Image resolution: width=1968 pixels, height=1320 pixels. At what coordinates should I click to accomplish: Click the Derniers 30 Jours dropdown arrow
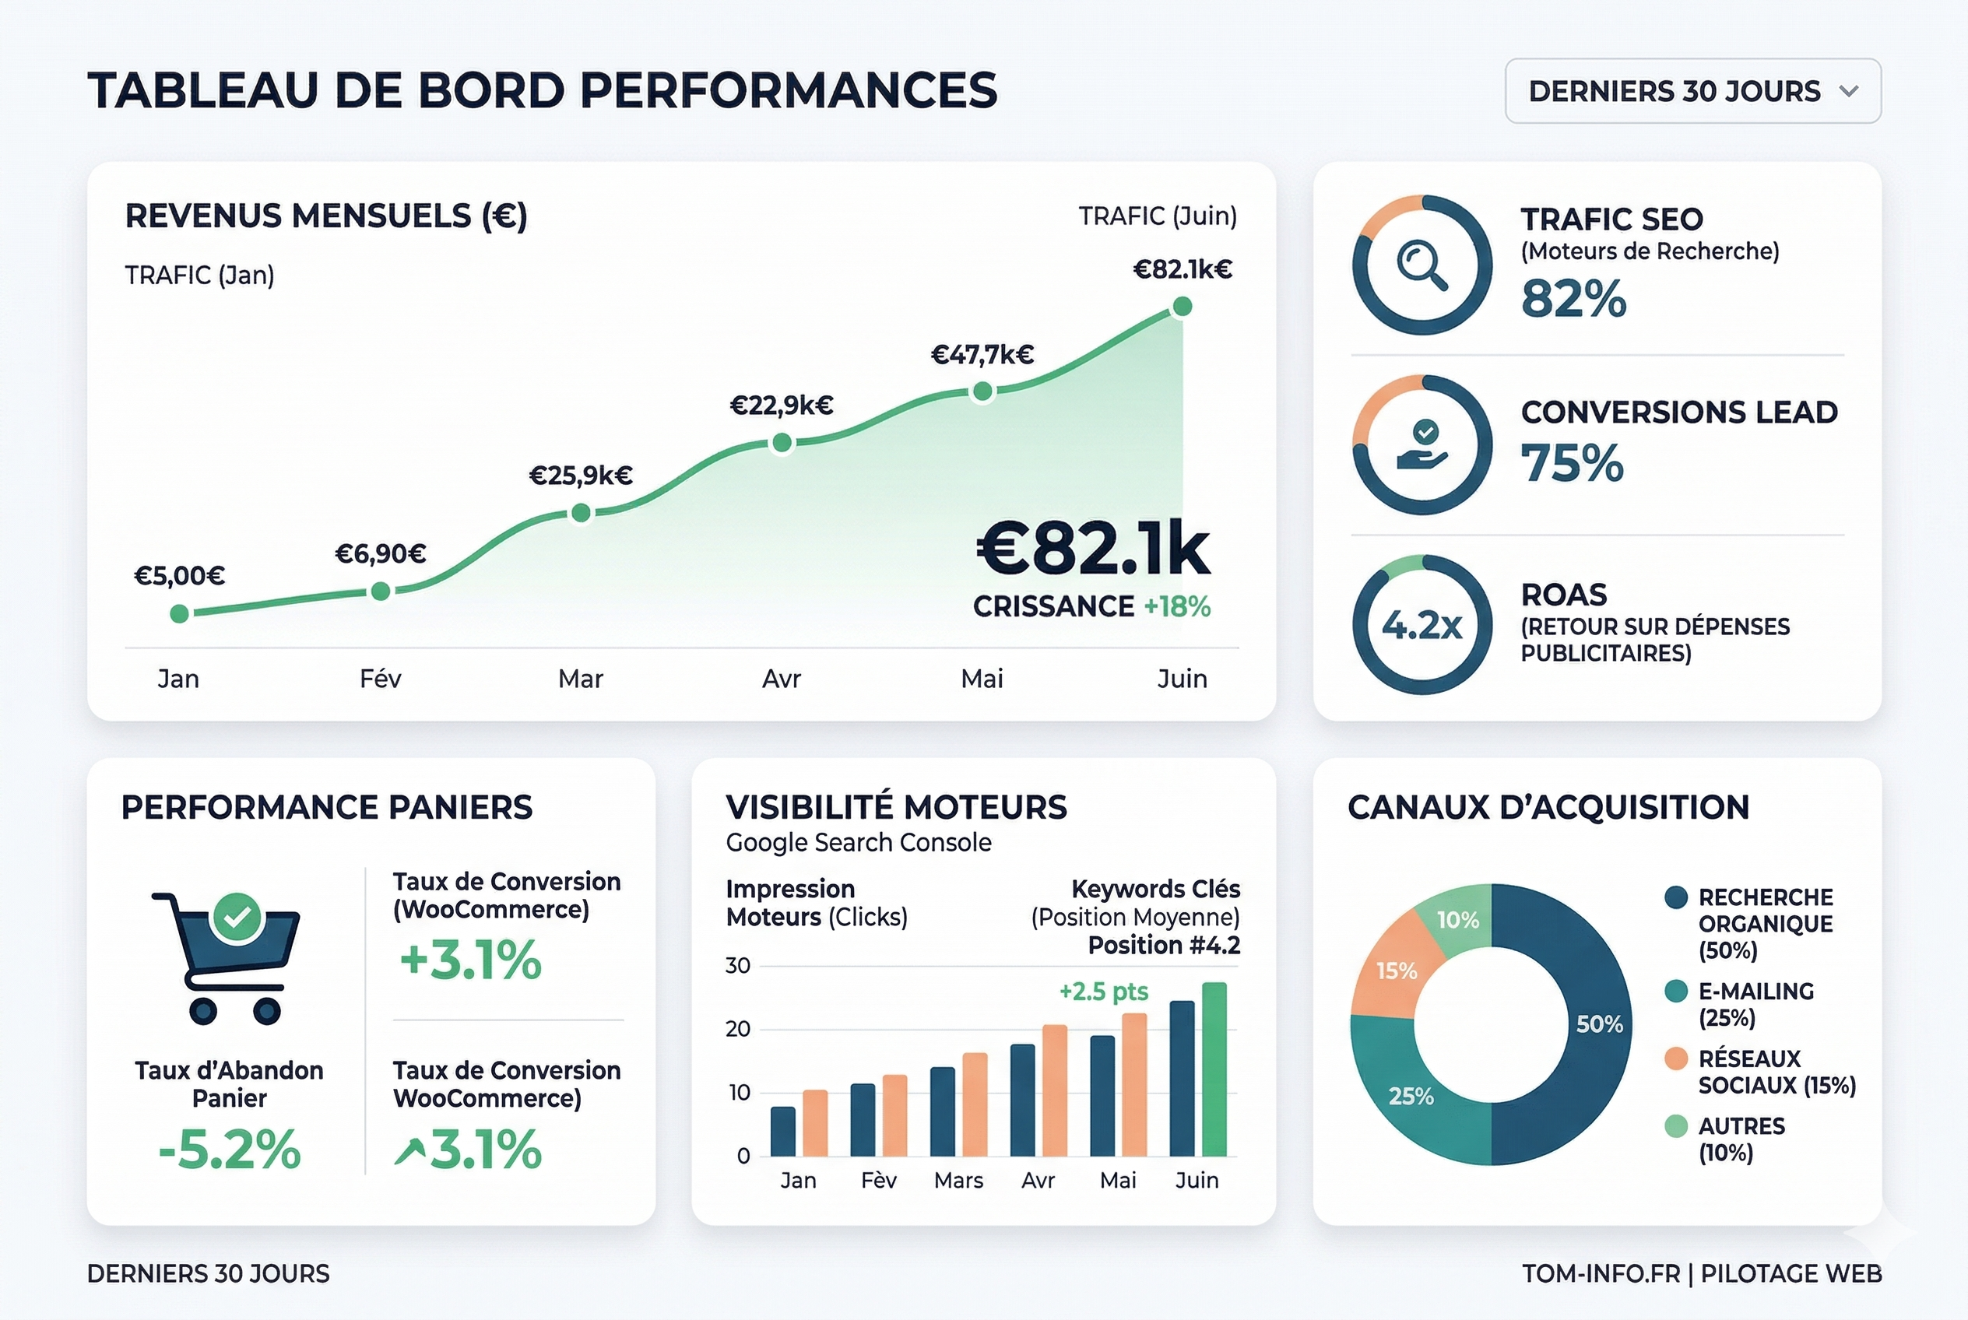click(x=1849, y=91)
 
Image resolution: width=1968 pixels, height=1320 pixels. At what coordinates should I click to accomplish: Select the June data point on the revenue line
click(x=1183, y=307)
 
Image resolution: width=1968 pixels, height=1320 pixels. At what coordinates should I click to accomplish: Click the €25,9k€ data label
click(x=580, y=476)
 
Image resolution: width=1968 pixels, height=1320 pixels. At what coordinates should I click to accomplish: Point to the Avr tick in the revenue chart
click(x=782, y=679)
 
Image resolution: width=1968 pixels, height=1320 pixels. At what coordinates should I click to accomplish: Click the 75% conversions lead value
click(x=1573, y=463)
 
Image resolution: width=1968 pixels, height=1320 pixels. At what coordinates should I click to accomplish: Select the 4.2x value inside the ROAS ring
click(x=1422, y=625)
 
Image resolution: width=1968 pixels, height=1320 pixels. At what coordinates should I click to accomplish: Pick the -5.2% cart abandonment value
click(x=229, y=1149)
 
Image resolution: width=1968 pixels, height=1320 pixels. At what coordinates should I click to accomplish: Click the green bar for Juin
click(x=1214, y=1069)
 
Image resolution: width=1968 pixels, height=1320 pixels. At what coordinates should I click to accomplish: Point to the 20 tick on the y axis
click(x=738, y=1029)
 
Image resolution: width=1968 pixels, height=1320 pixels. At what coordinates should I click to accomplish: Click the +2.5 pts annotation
click(x=1103, y=992)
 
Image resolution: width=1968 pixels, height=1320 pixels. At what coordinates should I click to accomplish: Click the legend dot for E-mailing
click(x=1676, y=991)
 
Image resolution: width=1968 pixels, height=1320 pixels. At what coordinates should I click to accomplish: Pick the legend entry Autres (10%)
click(x=1741, y=1139)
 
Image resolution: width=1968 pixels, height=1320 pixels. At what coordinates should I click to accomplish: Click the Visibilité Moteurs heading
click(x=896, y=807)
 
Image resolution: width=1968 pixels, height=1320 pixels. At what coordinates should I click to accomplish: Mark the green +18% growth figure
click(x=1176, y=606)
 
